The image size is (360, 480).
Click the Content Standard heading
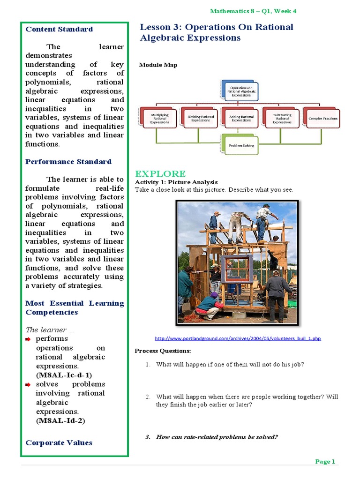(59, 29)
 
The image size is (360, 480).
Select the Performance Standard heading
(68, 162)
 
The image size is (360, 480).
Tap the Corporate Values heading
(59, 442)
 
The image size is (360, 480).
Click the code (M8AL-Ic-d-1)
(64, 375)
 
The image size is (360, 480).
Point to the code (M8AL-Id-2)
(60, 420)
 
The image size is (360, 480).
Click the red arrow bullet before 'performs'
(29, 339)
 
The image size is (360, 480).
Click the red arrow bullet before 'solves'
(29, 384)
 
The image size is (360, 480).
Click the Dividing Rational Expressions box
(201, 118)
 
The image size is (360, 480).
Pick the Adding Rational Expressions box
(241, 118)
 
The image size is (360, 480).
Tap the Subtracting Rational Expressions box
(282, 118)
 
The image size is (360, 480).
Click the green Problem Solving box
(241, 145)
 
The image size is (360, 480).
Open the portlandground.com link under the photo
(238, 338)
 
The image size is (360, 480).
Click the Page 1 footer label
(325, 462)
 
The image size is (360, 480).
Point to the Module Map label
(158, 65)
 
